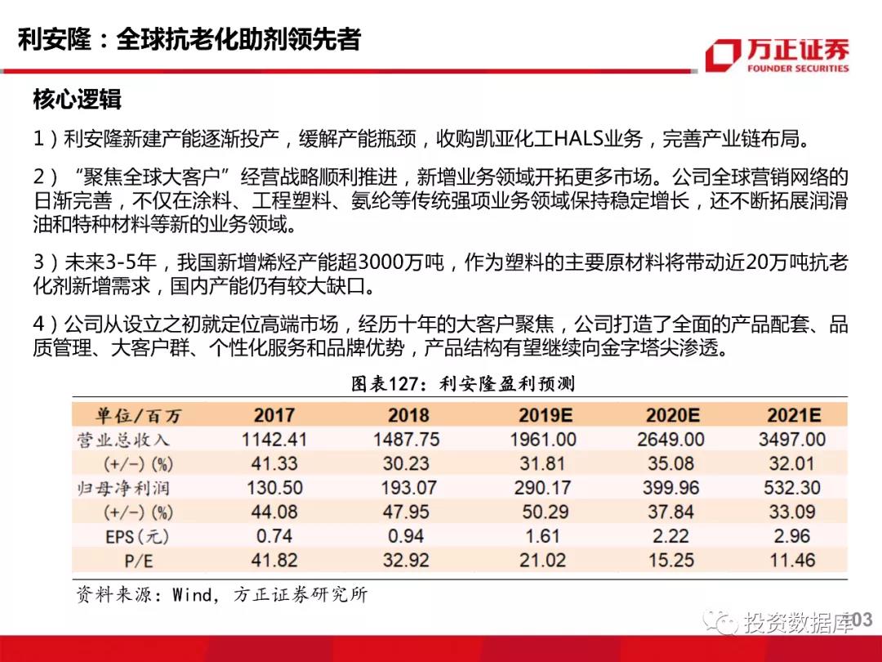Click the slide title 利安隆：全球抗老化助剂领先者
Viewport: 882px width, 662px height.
point(189,39)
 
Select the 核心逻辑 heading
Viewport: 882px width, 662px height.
point(77,100)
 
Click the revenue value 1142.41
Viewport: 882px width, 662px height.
point(274,440)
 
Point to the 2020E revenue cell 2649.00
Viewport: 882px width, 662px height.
point(670,440)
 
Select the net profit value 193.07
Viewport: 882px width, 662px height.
point(407,488)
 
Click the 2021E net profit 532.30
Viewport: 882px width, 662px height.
point(791,488)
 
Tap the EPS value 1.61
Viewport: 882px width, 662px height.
point(542,536)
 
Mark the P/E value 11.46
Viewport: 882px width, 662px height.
point(791,561)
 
